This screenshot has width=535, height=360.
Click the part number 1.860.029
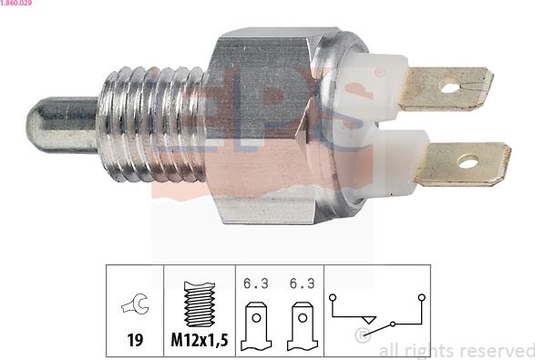point(19,5)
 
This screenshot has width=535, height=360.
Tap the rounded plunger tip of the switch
point(41,124)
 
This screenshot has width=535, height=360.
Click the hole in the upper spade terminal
point(450,88)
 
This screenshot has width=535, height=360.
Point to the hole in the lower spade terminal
point(468,162)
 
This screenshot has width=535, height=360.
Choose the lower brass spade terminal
point(460,163)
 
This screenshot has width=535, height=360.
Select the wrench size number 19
point(134,340)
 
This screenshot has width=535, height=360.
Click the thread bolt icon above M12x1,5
point(199,303)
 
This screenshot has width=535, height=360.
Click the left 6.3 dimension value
point(256,284)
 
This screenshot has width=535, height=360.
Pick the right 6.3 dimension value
point(302,284)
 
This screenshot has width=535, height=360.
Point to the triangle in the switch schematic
point(368,318)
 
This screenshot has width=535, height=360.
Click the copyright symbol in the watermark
point(363,337)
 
